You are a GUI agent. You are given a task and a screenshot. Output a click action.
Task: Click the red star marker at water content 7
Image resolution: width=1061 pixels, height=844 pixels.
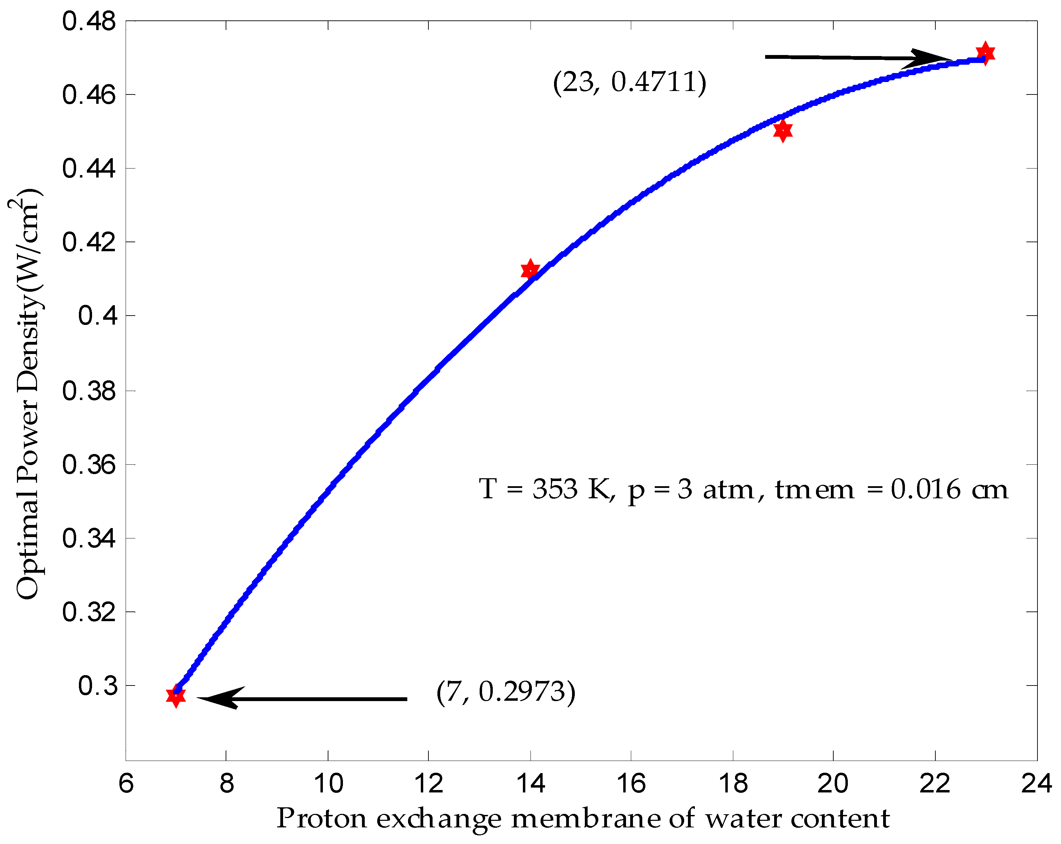[176, 696]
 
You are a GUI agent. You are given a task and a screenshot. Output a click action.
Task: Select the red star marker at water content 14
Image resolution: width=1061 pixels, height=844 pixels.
[530, 270]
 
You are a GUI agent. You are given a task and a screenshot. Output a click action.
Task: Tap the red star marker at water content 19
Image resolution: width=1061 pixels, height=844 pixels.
[782, 130]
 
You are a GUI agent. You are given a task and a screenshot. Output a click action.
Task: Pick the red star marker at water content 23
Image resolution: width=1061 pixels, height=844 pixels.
[985, 53]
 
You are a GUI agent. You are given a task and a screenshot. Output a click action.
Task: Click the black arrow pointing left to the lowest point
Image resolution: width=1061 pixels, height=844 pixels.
[303, 698]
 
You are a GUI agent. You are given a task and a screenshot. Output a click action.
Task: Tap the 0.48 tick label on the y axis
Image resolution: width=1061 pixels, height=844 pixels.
[89, 22]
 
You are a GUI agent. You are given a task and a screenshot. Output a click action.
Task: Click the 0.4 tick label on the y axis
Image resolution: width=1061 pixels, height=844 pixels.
[98, 316]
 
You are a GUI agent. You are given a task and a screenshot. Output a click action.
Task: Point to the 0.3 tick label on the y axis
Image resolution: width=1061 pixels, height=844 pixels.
[98, 686]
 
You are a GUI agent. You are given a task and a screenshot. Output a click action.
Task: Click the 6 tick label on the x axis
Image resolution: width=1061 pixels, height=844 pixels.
[126, 783]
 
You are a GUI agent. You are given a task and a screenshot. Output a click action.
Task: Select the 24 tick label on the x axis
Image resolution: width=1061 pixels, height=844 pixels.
[1036, 783]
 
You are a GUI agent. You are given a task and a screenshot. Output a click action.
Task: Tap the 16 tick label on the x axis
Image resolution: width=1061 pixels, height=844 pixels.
[631, 783]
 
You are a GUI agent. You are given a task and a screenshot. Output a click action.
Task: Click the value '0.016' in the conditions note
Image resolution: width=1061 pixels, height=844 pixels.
[925, 489]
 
